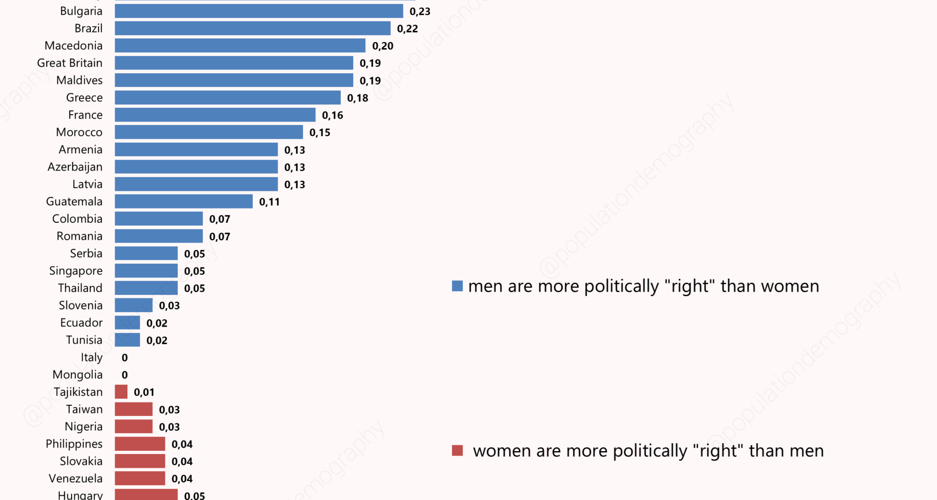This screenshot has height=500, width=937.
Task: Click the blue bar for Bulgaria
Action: pyautogui.click(x=259, y=11)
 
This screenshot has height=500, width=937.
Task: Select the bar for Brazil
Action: pyautogui.click(x=252, y=28)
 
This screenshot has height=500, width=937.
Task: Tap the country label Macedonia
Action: pyautogui.click(x=73, y=45)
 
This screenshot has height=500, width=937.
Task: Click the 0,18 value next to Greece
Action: pyautogui.click(x=357, y=98)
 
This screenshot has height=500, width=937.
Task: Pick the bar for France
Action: pyautogui.click(x=215, y=115)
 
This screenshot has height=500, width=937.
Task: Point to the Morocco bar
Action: pyautogui.click(x=208, y=132)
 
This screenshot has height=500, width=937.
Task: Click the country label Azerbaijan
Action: pyautogui.click(x=75, y=167)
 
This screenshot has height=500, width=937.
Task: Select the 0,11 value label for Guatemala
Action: pyautogui.click(x=269, y=202)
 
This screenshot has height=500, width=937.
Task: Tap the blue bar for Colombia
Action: pyautogui.click(x=159, y=219)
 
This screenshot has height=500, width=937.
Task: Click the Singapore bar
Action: pyautogui.click(x=146, y=271)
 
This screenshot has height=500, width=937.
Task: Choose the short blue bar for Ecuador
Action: pyautogui.click(x=127, y=323)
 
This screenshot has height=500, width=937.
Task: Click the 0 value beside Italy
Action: pyautogui.click(x=124, y=358)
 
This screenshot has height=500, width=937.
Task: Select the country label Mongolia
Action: pyautogui.click(x=77, y=375)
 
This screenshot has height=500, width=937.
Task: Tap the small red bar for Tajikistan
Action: pyautogui.click(x=121, y=392)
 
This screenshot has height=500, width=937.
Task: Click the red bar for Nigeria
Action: pyautogui.click(x=133, y=427)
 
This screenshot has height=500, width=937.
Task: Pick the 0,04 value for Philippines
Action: pyautogui.click(x=182, y=444)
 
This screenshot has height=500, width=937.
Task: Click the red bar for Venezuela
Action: pyautogui.click(x=140, y=479)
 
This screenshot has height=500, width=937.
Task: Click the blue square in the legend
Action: pyautogui.click(x=457, y=286)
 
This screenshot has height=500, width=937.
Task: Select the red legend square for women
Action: pyautogui.click(x=457, y=451)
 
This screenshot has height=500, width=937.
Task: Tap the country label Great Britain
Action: pyautogui.click(x=69, y=63)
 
